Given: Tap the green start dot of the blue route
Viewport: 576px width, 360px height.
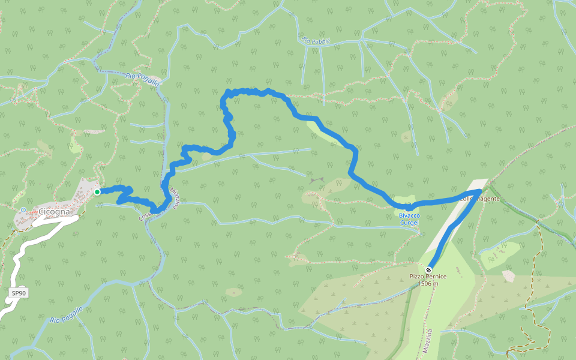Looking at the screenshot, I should click(97, 192).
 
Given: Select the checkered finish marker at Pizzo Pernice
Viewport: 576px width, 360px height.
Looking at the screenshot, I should click(428, 269).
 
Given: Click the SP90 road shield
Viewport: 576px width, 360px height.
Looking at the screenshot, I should click(19, 293).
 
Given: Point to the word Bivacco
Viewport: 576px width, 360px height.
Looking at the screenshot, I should click(409, 215).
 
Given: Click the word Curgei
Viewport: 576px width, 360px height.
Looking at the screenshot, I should click(409, 223).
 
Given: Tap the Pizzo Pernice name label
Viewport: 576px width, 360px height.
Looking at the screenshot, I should click(428, 277).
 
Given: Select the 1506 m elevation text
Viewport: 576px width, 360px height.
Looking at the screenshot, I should click(428, 284).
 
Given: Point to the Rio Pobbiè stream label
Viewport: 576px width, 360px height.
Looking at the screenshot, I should click(316, 41).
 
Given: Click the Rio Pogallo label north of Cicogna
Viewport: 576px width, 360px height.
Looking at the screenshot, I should click(142, 79).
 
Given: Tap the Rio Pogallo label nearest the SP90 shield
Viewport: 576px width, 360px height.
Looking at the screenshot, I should click(66, 316).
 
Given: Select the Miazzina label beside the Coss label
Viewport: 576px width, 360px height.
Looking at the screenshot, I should click(175, 199).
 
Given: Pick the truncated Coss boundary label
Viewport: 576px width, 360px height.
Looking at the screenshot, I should click(145, 214).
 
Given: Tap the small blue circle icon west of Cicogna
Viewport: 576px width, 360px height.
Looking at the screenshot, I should click(23, 210).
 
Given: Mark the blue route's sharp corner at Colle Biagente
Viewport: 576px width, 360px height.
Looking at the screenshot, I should click(480, 191).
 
